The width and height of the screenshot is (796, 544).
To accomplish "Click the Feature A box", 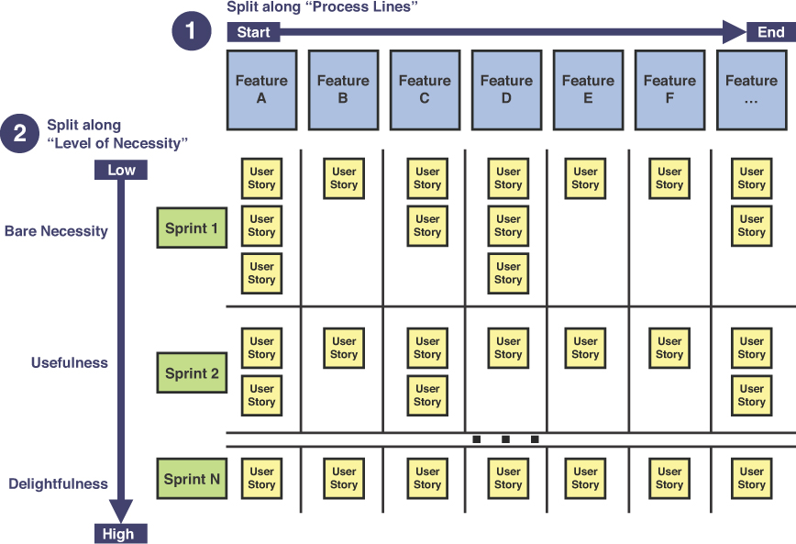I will (x=261, y=89).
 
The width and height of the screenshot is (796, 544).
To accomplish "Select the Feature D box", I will (x=506, y=89).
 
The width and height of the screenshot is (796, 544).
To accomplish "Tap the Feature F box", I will (x=669, y=89).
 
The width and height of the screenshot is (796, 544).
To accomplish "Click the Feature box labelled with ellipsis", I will (x=751, y=89).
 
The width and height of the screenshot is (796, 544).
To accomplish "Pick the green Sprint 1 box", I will (x=192, y=228).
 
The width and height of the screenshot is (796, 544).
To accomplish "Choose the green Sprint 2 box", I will (x=192, y=373).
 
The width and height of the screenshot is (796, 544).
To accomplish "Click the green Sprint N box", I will (x=192, y=479).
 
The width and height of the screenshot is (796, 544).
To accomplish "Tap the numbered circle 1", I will (x=190, y=31).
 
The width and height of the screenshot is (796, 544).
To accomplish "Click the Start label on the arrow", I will (x=253, y=33).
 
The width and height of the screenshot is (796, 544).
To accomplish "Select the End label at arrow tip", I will (x=770, y=33).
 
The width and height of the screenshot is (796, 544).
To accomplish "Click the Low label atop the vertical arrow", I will (x=121, y=171).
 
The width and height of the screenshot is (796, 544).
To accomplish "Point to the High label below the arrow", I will (x=118, y=534).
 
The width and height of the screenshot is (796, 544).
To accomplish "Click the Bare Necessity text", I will (x=56, y=231).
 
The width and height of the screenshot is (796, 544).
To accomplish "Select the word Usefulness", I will (x=69, y=362).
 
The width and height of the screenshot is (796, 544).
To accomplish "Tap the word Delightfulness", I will (x=58, y=483).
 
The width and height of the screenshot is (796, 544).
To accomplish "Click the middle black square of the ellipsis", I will (x=505, y=439).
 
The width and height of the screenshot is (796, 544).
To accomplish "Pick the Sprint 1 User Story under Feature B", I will (x=344, y=178).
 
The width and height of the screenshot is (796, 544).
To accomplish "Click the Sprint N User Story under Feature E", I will (x=585, y=478).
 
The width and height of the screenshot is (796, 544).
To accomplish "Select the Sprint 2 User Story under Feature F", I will (x=669, y=348).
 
